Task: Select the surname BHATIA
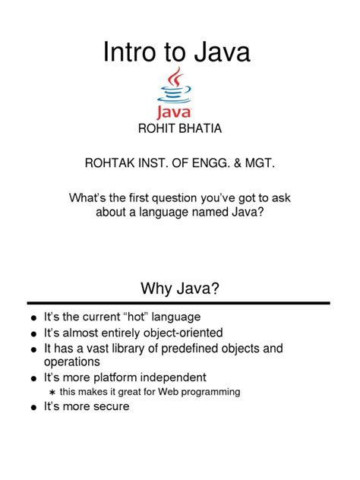click(200, 128)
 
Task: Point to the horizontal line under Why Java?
click(179, 303)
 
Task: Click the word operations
click(72, 362)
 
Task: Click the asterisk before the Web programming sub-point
click(52, 392)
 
